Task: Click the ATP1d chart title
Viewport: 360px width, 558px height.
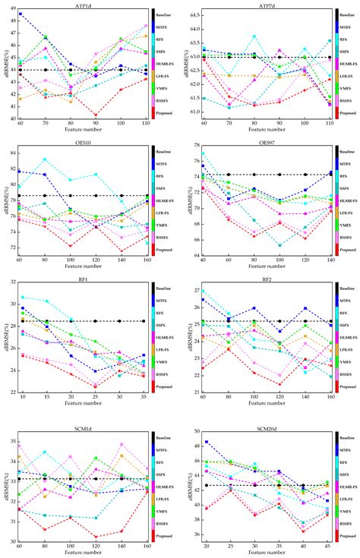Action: pos(83,5)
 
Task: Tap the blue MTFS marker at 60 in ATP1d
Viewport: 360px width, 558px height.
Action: pos(21,14)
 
